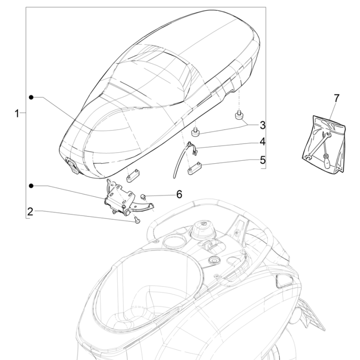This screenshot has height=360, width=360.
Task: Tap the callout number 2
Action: (x=30, y=211)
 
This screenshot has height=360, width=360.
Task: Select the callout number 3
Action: (x=262, y=125)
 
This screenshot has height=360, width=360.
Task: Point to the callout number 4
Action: (x=262, y=143)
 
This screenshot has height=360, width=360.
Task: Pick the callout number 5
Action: (x=262, y=160)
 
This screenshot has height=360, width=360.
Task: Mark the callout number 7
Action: (x=336, y=98)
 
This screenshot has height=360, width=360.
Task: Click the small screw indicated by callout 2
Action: (x=137, y=220)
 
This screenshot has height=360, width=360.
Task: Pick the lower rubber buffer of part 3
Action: (x=197, y=131)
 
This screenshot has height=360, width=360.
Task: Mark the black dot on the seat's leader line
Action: (x=32, y=97)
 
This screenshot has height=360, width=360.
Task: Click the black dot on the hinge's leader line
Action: (x=32, y=185)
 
